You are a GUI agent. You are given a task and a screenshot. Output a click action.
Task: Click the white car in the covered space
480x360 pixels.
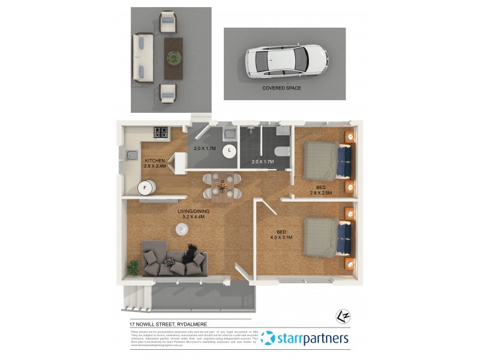[x=286, y=61]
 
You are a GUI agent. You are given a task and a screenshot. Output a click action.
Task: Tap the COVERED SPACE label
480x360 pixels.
[x=281, y=88]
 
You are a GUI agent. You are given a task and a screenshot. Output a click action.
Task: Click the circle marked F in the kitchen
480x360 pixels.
[x=144, y=188]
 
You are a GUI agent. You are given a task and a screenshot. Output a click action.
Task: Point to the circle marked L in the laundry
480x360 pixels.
[x=229, y=150]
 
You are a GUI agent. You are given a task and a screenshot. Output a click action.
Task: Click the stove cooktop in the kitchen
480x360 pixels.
[x=161, y=132]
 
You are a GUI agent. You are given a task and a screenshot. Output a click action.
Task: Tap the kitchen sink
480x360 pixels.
[x=131, y=155]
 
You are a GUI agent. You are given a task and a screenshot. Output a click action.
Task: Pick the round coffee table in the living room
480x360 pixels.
[x=181, y=228]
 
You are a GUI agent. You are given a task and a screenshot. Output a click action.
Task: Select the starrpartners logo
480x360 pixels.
[x=305, y=339]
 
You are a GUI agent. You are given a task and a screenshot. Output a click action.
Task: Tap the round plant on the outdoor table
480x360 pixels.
[x=174, y=57]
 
